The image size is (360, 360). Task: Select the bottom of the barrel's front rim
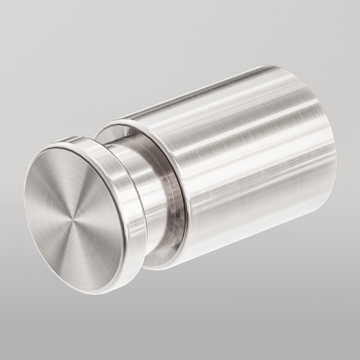click(x=169, y=268)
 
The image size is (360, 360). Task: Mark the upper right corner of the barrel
click(x=277, y=67)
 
